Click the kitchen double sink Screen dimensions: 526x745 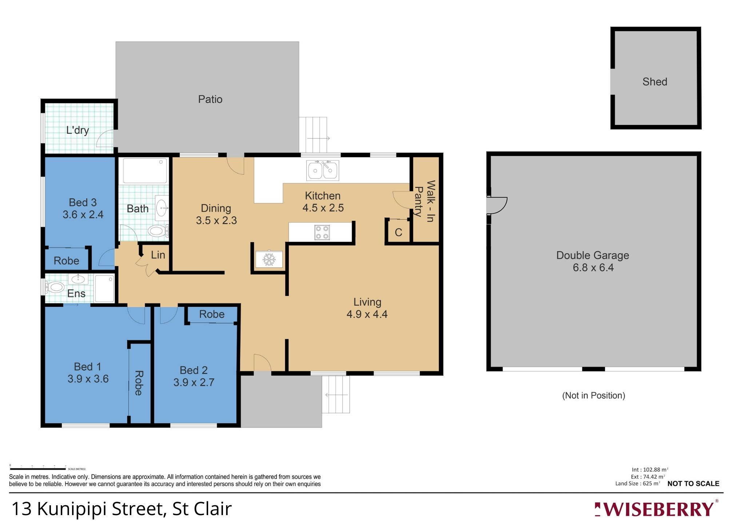pos(323,170)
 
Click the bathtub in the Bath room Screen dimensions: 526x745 pos(145,171)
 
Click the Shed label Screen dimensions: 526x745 pos(654,82)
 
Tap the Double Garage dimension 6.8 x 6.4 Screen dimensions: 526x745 pos(593,268)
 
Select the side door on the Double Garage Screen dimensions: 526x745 pos(497,205)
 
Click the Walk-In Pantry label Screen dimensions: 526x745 pos(425,201)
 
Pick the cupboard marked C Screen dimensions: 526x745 pos(398,232)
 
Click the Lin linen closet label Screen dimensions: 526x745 pos(158,255)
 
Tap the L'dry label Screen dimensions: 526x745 pos(77,130)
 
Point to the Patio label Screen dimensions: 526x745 pos(210,99)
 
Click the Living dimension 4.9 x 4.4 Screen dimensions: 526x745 pos(367,314)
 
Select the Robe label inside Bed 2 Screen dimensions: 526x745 pos(212,314)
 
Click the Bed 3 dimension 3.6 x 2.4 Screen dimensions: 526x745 pos(83,214)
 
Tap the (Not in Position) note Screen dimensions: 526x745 pos(593,395)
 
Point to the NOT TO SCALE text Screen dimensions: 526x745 pos(693,483)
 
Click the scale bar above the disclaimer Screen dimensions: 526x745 pos(38,469)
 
